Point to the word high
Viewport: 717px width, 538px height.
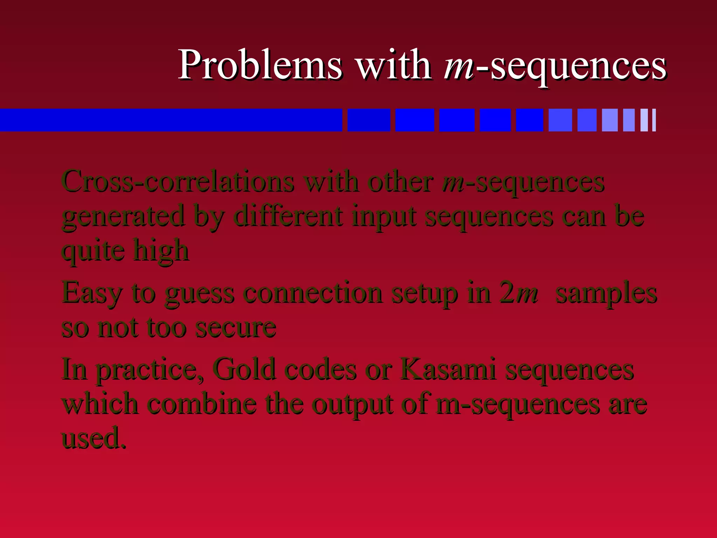(x=161, y=251)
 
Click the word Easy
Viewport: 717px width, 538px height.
(x=92, y=294)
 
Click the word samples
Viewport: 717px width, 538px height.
(x=606, y=294)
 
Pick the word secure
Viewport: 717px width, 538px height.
(x=236, y=328)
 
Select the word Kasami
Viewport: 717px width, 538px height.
(x=448, y=369)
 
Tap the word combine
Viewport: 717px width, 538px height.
(x=202, y=403)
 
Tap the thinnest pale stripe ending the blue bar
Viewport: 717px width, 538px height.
(x=654, y=120)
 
